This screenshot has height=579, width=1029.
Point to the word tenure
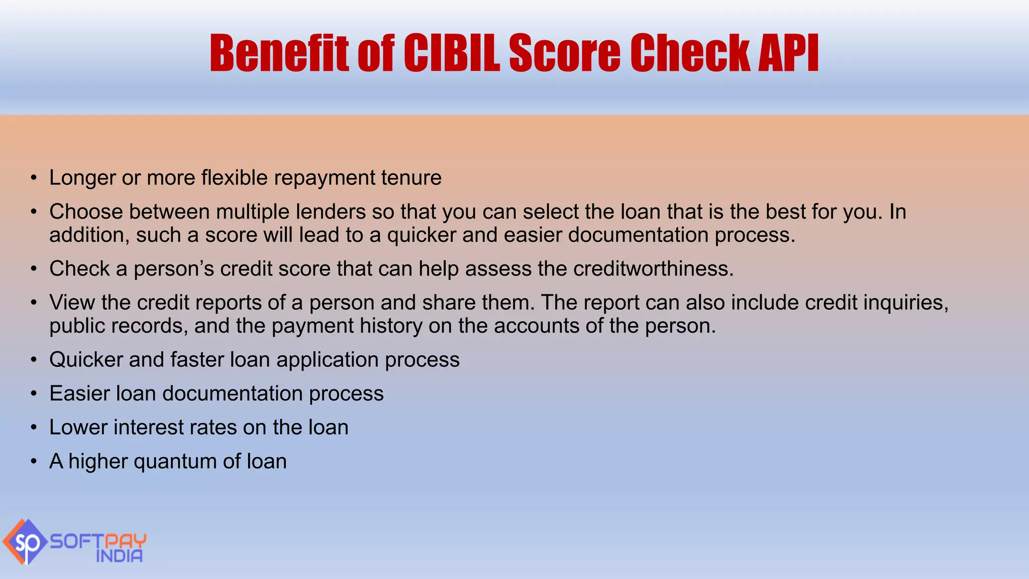click(x=411, y=178)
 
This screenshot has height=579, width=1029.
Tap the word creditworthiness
click(x=653, y=269)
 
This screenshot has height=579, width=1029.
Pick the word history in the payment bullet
click(x=391, y=326)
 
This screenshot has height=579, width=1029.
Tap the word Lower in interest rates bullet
click(x=78, y=428)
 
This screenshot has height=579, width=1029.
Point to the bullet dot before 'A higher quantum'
click(x=34, y=461)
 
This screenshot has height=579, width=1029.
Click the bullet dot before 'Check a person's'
click(x=34, y=269)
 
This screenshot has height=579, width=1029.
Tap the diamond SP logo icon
click(x=25, y=542)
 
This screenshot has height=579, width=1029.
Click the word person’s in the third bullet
click(x=173, y=269)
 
